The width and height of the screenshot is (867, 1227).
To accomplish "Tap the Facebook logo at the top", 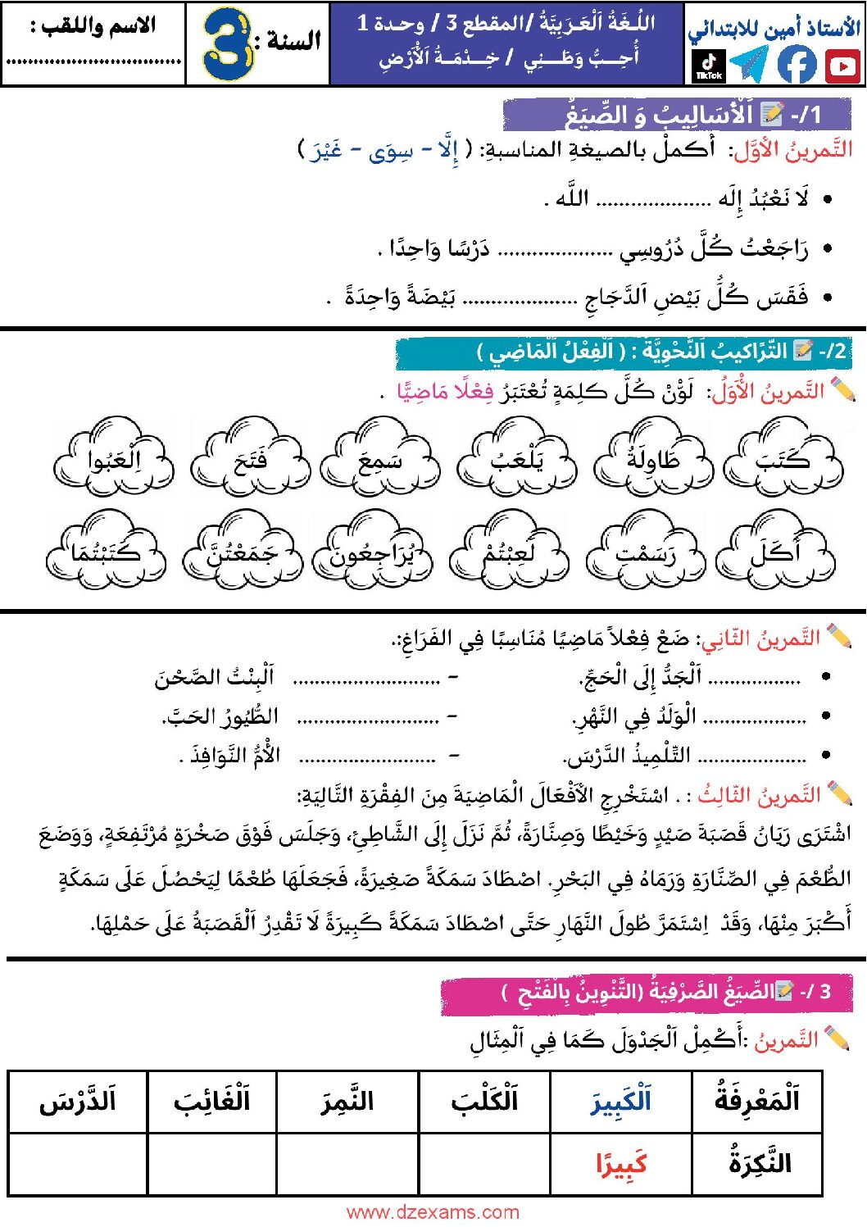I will [797, 65].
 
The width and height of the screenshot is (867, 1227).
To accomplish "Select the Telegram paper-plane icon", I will [749, 65].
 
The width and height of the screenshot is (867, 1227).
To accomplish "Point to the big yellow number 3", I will [227, 44].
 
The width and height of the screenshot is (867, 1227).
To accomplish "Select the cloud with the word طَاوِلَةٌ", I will [653, 458].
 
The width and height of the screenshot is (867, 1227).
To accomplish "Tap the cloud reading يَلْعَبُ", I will [517, 458].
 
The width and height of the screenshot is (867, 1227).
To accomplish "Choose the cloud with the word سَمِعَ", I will [379, 458].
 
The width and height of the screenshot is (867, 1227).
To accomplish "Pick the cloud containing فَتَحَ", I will [251, 458].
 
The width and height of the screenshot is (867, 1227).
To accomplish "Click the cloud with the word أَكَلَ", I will [775, 551].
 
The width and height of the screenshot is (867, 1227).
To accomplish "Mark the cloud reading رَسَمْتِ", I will [646, 551].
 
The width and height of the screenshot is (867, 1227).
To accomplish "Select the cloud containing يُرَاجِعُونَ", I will [374, 551].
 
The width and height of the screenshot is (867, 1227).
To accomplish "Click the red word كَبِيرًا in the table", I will [621, 1163].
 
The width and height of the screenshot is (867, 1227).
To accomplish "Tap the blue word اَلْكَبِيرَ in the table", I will [621, 1101].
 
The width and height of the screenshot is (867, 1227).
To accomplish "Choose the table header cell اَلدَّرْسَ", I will [78, 1101].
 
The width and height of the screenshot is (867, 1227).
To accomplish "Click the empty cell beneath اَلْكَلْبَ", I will [484, 1164].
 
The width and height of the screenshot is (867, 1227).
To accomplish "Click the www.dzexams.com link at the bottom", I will [433, 1212].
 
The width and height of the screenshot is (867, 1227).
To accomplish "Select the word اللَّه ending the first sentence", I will [571, 199].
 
